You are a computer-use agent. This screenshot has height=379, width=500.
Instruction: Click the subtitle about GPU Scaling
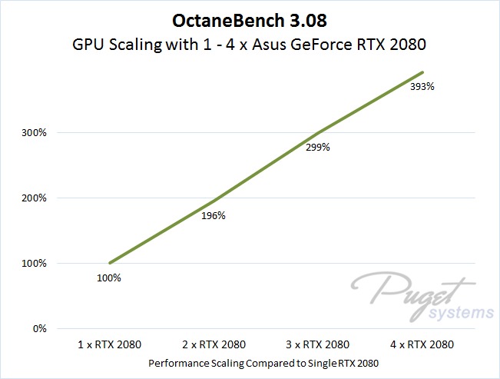pyautogui.click(x=250, y=45)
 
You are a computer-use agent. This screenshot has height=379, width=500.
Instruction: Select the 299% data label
pyautogui.click(x=318, y=147)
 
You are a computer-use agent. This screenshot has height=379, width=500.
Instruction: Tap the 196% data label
pyautogui.click(x=214, y=215)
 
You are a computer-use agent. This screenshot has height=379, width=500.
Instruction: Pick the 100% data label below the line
pyautogui.click(x=109, y=278)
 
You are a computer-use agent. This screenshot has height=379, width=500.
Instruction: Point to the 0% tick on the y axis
pyautogui.click(x=38, y=328)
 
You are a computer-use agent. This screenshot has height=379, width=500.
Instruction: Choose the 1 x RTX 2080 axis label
pyautogui.click(x=109, y=344)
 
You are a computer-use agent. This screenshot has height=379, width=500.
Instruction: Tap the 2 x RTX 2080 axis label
pyautogui.click(x=214, y=344)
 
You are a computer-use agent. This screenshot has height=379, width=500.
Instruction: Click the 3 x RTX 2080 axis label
pyautogui.click(x=318, y=344)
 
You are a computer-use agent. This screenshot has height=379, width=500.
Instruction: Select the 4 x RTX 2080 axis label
pyautogui.click(x=422, y=344)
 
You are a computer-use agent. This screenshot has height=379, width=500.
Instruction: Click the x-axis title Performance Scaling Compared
pyautogui.click(x=265, y=362)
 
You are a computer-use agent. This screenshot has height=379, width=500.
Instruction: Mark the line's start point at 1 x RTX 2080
pyautogui.click(x=110, y=263)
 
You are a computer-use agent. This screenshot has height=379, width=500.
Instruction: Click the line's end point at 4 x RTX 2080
pyautogui.click(x=422, y=72)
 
